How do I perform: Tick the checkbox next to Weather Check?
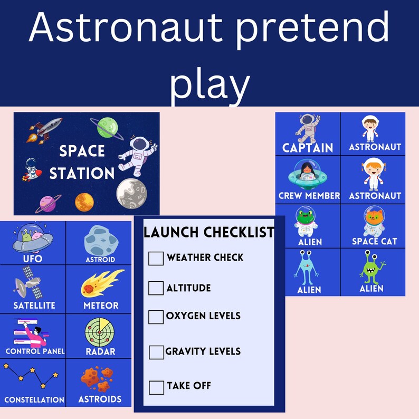pos(156,259)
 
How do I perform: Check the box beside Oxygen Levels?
pos(156,317)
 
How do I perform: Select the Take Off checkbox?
pos(157,387)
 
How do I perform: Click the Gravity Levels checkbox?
pos(157,353)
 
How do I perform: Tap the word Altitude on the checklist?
pos(188,288)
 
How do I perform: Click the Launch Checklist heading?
pos(209,232)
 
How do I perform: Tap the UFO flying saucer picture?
pos(32,239)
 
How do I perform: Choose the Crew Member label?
pos(309,196)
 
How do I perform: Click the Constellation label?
pos(34,399)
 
